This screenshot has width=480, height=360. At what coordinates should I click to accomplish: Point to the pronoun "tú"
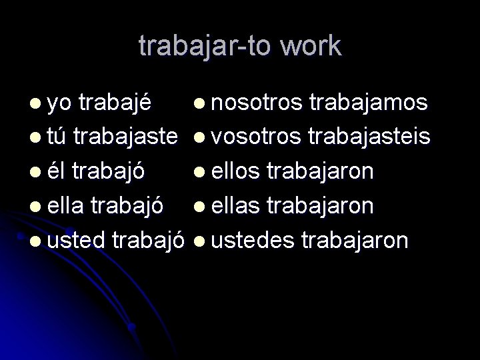(x=57, y=137)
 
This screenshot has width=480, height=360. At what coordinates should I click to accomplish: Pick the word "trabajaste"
(x=125, y=137)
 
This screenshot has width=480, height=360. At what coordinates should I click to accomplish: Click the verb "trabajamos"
(x=368, y=103)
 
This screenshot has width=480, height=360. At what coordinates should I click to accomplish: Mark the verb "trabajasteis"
(x=368, y=137)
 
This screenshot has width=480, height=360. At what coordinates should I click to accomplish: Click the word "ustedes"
(x=249, y=240)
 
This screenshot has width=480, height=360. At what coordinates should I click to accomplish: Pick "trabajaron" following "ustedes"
(x=355, y=240)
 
